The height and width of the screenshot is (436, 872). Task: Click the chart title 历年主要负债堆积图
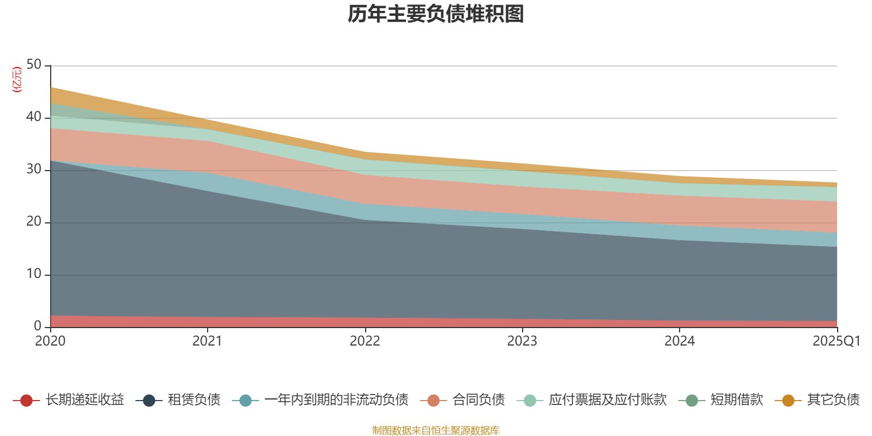point(436,15)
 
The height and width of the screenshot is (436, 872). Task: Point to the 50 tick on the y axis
point(34,64)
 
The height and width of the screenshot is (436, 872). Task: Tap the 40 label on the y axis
point(34,117)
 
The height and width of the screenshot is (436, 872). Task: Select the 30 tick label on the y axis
point(34,169)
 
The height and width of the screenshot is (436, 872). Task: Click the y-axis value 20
point(34,221)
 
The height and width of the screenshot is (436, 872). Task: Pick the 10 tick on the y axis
point(34,274)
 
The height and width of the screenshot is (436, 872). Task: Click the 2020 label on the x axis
point(50,341)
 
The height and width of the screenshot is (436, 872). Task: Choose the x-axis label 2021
point(207,341)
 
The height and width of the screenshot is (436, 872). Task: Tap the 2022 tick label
point(365,341)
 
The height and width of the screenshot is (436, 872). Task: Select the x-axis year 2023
point(522,341)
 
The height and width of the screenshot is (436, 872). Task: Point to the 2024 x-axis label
point(679,341)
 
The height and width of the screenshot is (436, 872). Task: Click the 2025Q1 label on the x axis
point(836,341)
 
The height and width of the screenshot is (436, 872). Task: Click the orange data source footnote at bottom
point(435,431)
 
